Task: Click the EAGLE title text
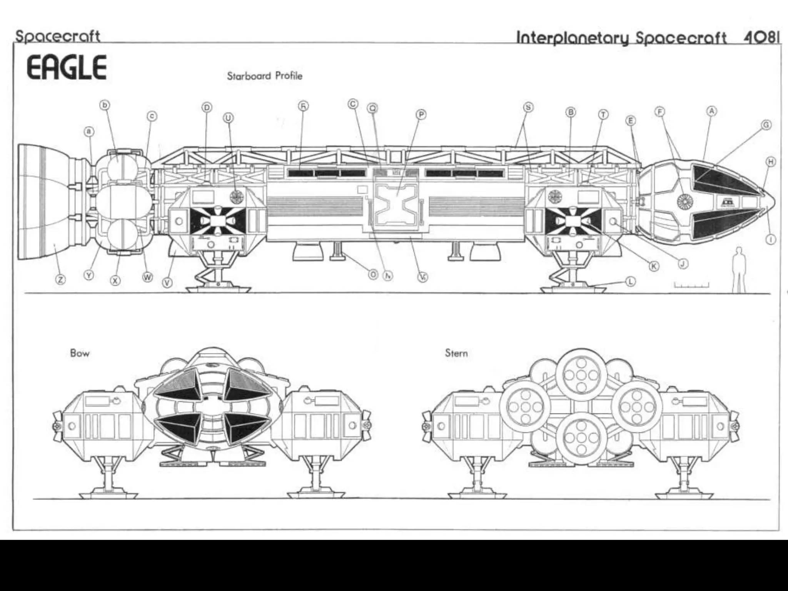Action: click(x=66, y=67)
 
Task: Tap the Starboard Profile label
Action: click(x=264, y=76)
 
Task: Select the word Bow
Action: click(x=80, y=353)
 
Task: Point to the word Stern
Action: click(x=456, y=353)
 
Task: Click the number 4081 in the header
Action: click(x=761, y=37)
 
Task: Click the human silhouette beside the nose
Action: click(x=738, y=269)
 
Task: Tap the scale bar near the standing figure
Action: click(x=691, y=285)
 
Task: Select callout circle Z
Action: click(x=60, y=280)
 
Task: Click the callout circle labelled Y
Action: click(x=89, y=275)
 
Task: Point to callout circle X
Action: click(x=115, y=280)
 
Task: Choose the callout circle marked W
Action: click(x=147, y=277)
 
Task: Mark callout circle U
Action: click(x=228, y=118)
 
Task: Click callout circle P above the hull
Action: click(x=421, y=114)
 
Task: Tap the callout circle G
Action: click(x=766, y=125)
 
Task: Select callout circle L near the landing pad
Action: click(x=630, y=282)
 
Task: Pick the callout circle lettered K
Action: click(x=654, y=266)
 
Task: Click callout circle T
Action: click(x=603, y=115)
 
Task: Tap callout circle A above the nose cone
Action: click(x=711, y=111)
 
